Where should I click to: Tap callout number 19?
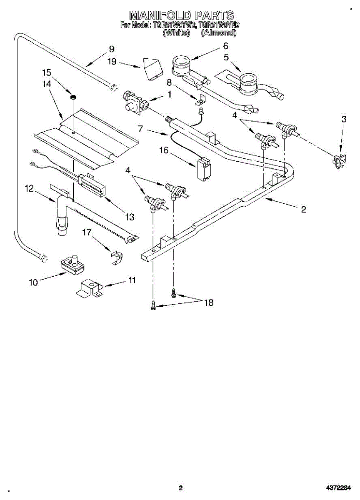pos(112,62)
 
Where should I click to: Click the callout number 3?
pos(344,119)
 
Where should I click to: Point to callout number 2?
pos(304,210)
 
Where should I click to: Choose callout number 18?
pos(209,303)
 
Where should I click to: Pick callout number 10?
pos(33,282)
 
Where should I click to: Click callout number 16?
pos(163,150)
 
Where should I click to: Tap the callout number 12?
pos(29,188)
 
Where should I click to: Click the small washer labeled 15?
pos(73,97)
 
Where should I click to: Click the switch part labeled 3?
pos(339,160)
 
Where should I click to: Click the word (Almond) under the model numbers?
pos(218,33)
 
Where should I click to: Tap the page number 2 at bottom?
pos(180,488)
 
